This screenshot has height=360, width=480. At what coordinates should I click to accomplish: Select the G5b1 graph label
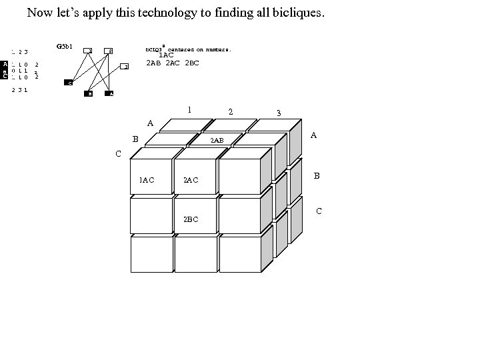click(x=65, y=47)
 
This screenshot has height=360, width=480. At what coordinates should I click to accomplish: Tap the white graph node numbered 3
click(x=124, y=67)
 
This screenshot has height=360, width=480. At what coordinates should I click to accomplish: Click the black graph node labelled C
click(x=69, y=83)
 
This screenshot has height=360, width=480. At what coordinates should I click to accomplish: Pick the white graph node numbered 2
click(x=109, y=51)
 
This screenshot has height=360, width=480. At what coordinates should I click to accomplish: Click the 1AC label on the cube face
click(x=147, y=180)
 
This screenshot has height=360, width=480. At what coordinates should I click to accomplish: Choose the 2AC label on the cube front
click(x=191, y=180)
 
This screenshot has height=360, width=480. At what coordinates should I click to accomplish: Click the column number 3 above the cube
click(x=279, y=113)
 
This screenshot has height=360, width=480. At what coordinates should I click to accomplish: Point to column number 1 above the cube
click(x=189, y=109)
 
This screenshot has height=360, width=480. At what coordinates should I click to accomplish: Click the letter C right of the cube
click(x=319, y=211)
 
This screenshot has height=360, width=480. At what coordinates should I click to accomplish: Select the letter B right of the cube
click(x=317, y=176)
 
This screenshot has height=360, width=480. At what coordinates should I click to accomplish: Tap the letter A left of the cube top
click(x=150, y=123)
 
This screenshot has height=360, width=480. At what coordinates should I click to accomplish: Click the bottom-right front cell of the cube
click(x=240, y=254)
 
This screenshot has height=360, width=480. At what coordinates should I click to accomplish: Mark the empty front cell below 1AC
click(x=151, y=215)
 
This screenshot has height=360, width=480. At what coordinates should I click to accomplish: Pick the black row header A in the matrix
click(x=5, y=64)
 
